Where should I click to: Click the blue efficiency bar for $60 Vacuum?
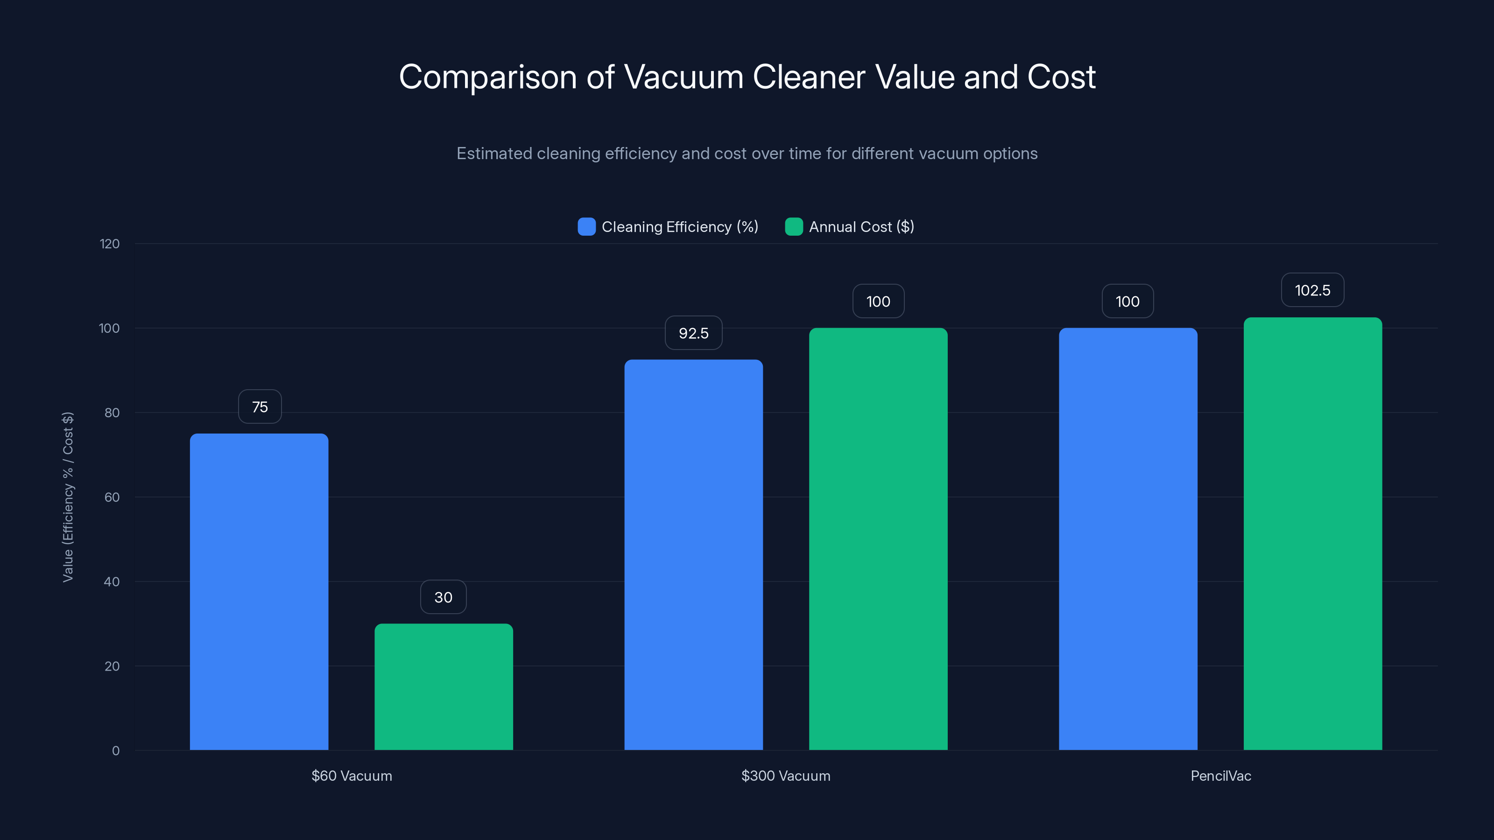point(259,591)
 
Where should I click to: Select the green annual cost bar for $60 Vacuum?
point(444,686)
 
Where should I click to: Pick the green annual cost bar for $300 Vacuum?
point(878,539)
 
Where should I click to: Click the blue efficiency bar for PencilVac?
point(1128,539)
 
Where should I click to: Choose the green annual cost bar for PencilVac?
point(1312,533)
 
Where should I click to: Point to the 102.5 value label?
point(1312,290)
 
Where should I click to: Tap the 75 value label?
point(260,406)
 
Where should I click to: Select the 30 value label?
point(443,597)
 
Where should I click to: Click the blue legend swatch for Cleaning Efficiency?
point(586,227)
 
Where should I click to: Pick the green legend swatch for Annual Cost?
point(793,227)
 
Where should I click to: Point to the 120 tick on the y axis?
point(110,244)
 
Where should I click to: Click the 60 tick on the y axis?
point(112,497)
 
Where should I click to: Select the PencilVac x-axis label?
point(1220,776)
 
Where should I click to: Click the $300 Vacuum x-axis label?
point(785,776)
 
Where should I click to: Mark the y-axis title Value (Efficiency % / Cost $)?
point(68,497)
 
